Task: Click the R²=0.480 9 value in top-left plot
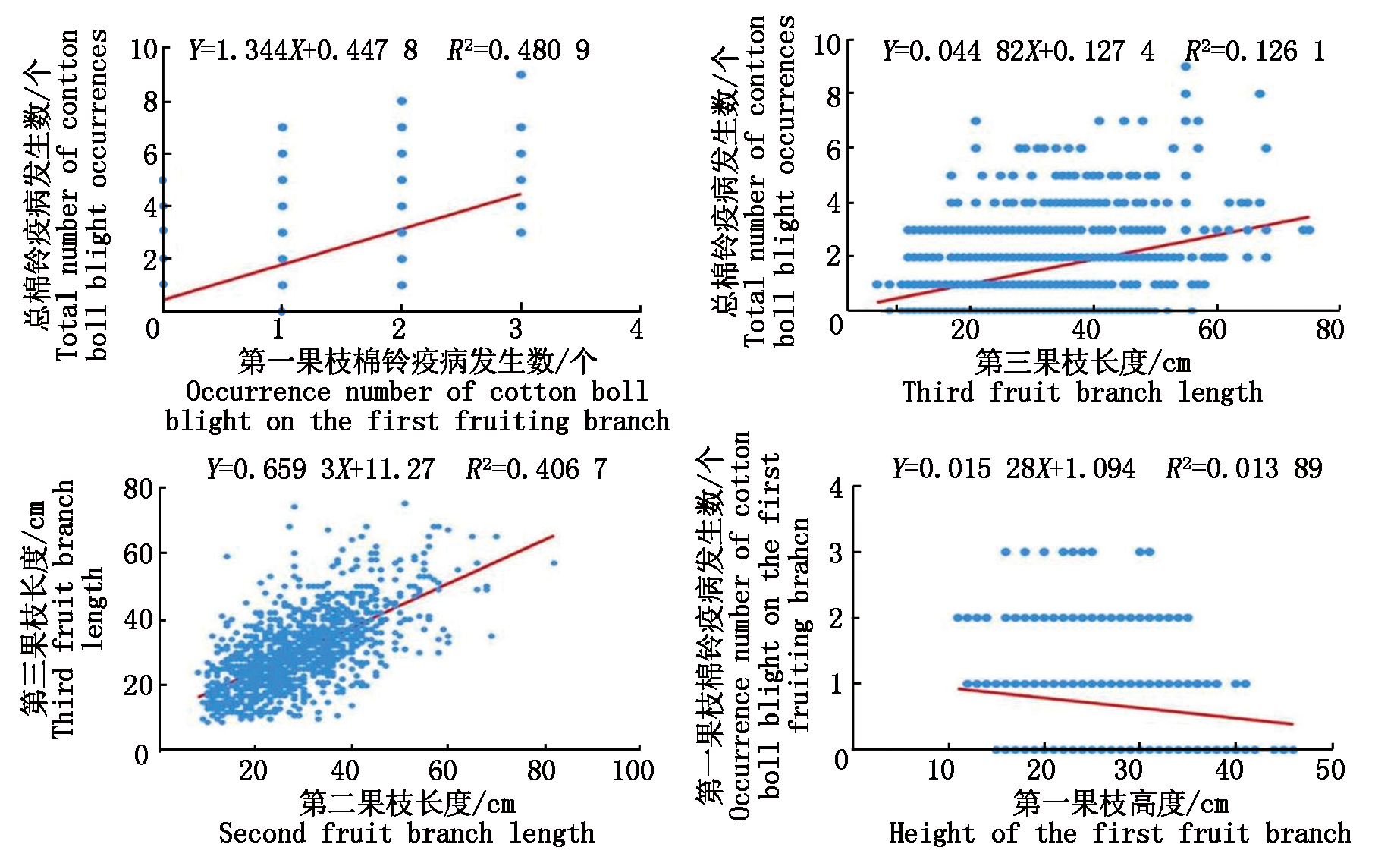519,50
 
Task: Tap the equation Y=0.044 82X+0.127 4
1018,52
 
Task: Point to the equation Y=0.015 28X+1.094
1013,468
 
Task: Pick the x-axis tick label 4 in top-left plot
636,329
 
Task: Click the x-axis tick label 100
633,770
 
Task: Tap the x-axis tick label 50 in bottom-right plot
1330,770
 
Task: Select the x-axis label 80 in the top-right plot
1330,329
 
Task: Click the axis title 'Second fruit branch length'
407,833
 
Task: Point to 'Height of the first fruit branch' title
1119,833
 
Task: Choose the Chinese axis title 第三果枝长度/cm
1083,362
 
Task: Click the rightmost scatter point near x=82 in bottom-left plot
554,563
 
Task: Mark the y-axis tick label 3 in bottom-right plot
836,553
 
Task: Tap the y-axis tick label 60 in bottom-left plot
139,553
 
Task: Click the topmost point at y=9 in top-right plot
1185,67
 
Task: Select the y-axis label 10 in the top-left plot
144,50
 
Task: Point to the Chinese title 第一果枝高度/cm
1121,802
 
